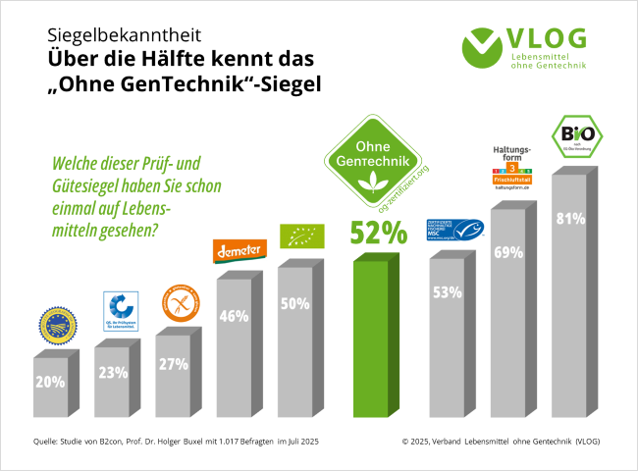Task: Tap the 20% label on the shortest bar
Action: pyautogui.click(x=50, y=381)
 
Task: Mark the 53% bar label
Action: pyautogui.click(x=448, y=291)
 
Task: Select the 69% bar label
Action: pyautogui.click(x=508, y=252)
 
